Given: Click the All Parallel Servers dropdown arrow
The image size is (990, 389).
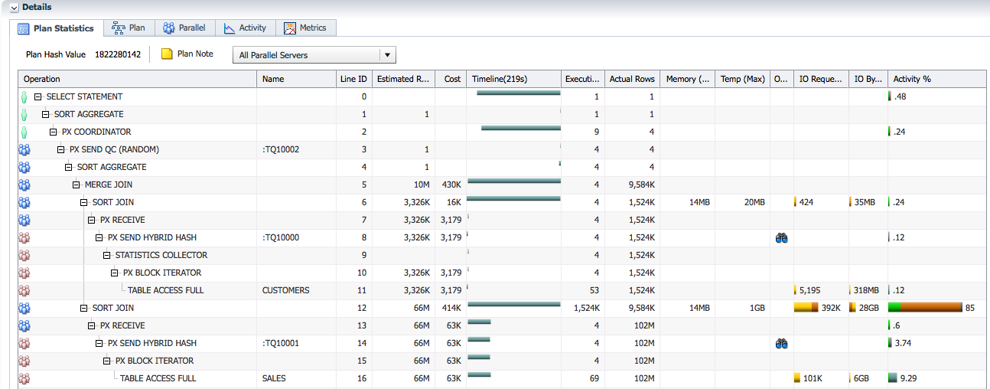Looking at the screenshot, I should tap(388, 55).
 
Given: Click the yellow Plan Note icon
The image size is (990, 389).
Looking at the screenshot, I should tap(167, 54).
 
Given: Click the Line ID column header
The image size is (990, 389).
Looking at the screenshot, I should tap(353, 79).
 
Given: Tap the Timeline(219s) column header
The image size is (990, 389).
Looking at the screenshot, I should tap(499, 79).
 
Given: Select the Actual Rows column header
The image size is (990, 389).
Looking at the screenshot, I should tap(631, 79).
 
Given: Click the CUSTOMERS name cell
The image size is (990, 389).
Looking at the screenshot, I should tap(285, 290).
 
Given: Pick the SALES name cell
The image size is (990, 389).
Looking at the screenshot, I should tap(274, 378).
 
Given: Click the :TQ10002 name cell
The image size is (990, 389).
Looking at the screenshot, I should tap(280, 149).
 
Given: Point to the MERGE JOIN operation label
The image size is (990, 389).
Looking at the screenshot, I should tap(108, 185).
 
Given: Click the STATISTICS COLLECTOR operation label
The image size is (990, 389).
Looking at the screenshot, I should tap(161, 255).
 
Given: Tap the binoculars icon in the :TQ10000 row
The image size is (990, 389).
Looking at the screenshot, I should tap(781, 237).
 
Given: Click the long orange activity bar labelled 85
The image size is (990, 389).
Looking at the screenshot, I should tap(930, 308).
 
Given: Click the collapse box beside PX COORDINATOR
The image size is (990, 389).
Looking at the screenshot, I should tap(54, 132).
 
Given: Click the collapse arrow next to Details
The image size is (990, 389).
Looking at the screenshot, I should tap(14, 7).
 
